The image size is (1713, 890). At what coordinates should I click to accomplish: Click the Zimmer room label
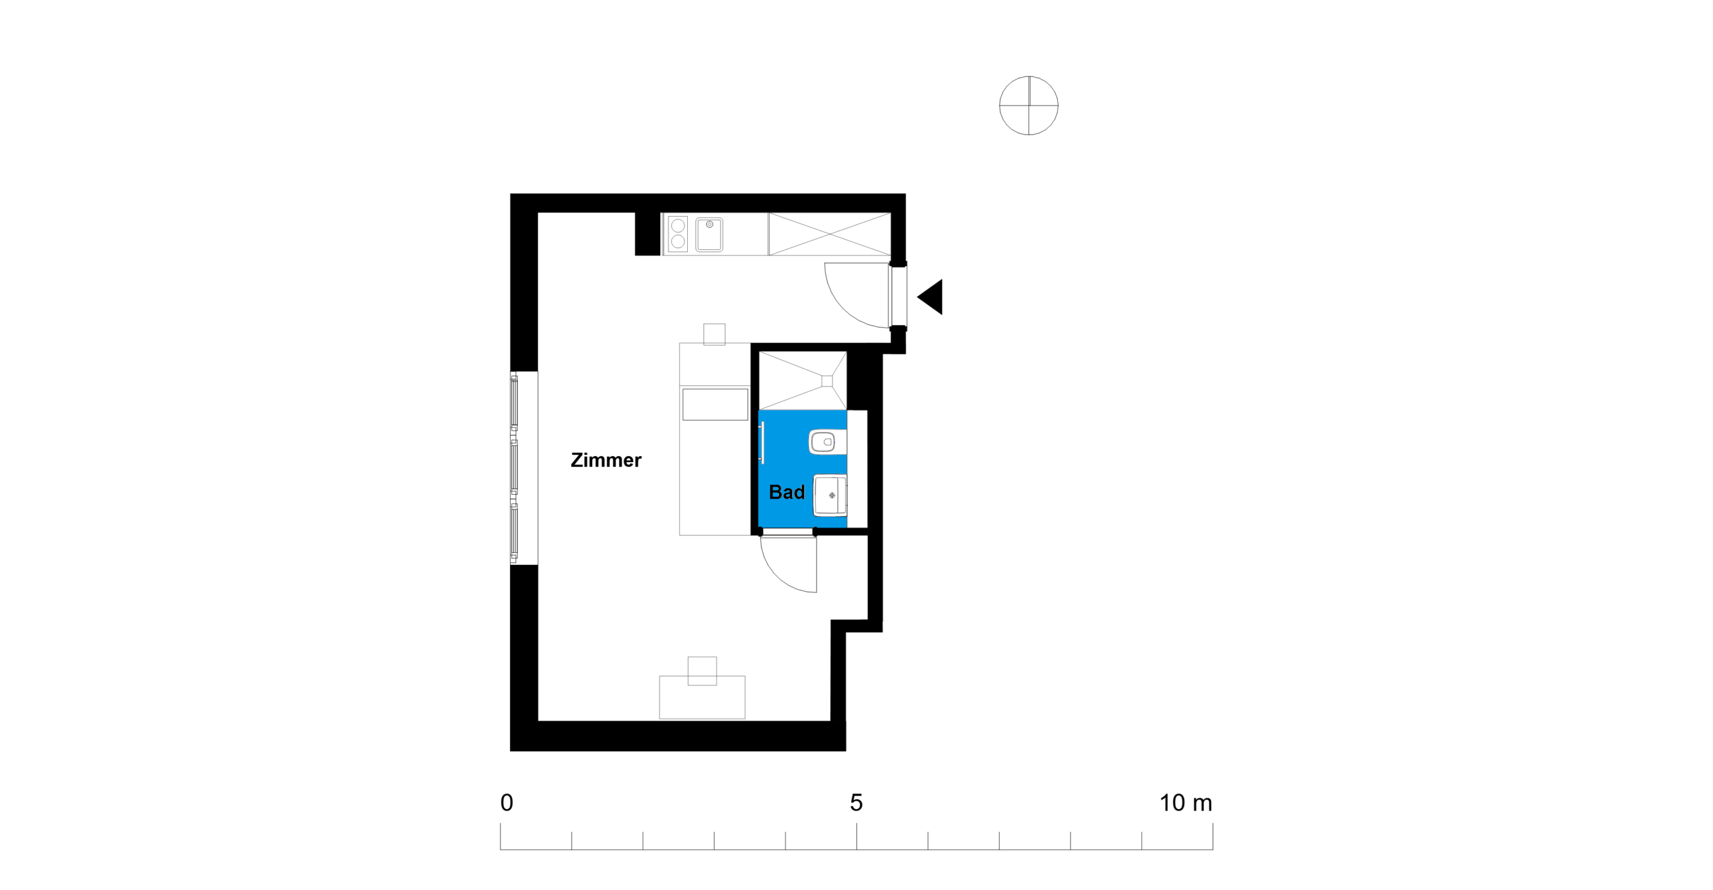click(606, 460)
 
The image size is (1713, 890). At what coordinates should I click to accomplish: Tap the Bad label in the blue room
click(786, 492)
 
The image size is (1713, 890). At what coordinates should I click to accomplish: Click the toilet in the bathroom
click(827, 442)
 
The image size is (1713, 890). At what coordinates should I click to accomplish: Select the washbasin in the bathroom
click(830, 495)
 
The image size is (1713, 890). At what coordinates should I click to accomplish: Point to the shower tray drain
click(827, 381)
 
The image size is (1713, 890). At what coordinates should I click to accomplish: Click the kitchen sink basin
click(709, 234)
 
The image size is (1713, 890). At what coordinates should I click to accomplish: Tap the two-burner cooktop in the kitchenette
click(678, 234)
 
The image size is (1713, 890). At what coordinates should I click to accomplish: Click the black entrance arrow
click(930, 297)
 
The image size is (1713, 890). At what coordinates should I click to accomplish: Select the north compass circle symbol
click(1028, 106)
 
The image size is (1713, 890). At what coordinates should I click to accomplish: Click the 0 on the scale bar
click(507, 802)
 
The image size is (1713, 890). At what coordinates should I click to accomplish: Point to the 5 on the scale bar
click(856, 802)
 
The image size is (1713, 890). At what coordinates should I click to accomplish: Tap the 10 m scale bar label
click(1186, 802)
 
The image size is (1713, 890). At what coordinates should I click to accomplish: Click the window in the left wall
click(515, 467)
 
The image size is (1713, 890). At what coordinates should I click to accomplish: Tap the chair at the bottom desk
click(702, 671)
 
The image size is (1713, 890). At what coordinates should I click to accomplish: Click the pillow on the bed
click(715, 405)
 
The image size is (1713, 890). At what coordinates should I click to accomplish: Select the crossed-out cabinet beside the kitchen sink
click(830, 234)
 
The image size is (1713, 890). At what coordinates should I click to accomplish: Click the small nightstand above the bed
click(714, 334)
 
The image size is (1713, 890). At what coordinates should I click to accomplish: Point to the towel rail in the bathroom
click(762, 442)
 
